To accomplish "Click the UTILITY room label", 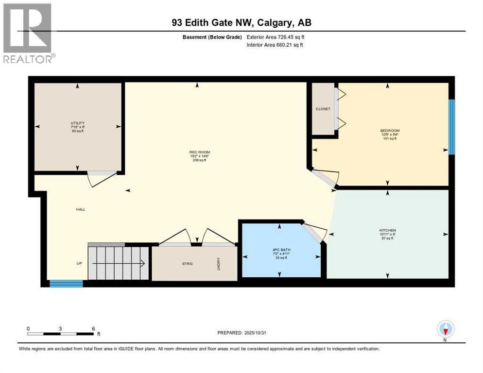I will pyautogui.click(x=78, y=123).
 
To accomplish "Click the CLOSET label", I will pyautogui.click(x=323, y=109).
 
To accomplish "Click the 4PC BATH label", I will pyautogui.click(x=281, y=250).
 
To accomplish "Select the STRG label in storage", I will pyautogui.click(x=187, y=264).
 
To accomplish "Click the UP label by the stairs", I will pyautogui.click(x=79, y=263).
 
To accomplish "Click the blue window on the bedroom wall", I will pyautogui.click(x=451, y=127).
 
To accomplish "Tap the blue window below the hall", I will pyautogui.click(x=66, y=284).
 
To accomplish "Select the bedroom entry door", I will pyautogui.click(x=323, y=178).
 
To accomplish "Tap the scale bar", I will pyautogui.click(x=61, y=333).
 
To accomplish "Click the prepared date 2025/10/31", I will pyautogui.click(x=242, y=333).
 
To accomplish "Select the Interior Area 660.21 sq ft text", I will pyautogui.click(x=276, y=45).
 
